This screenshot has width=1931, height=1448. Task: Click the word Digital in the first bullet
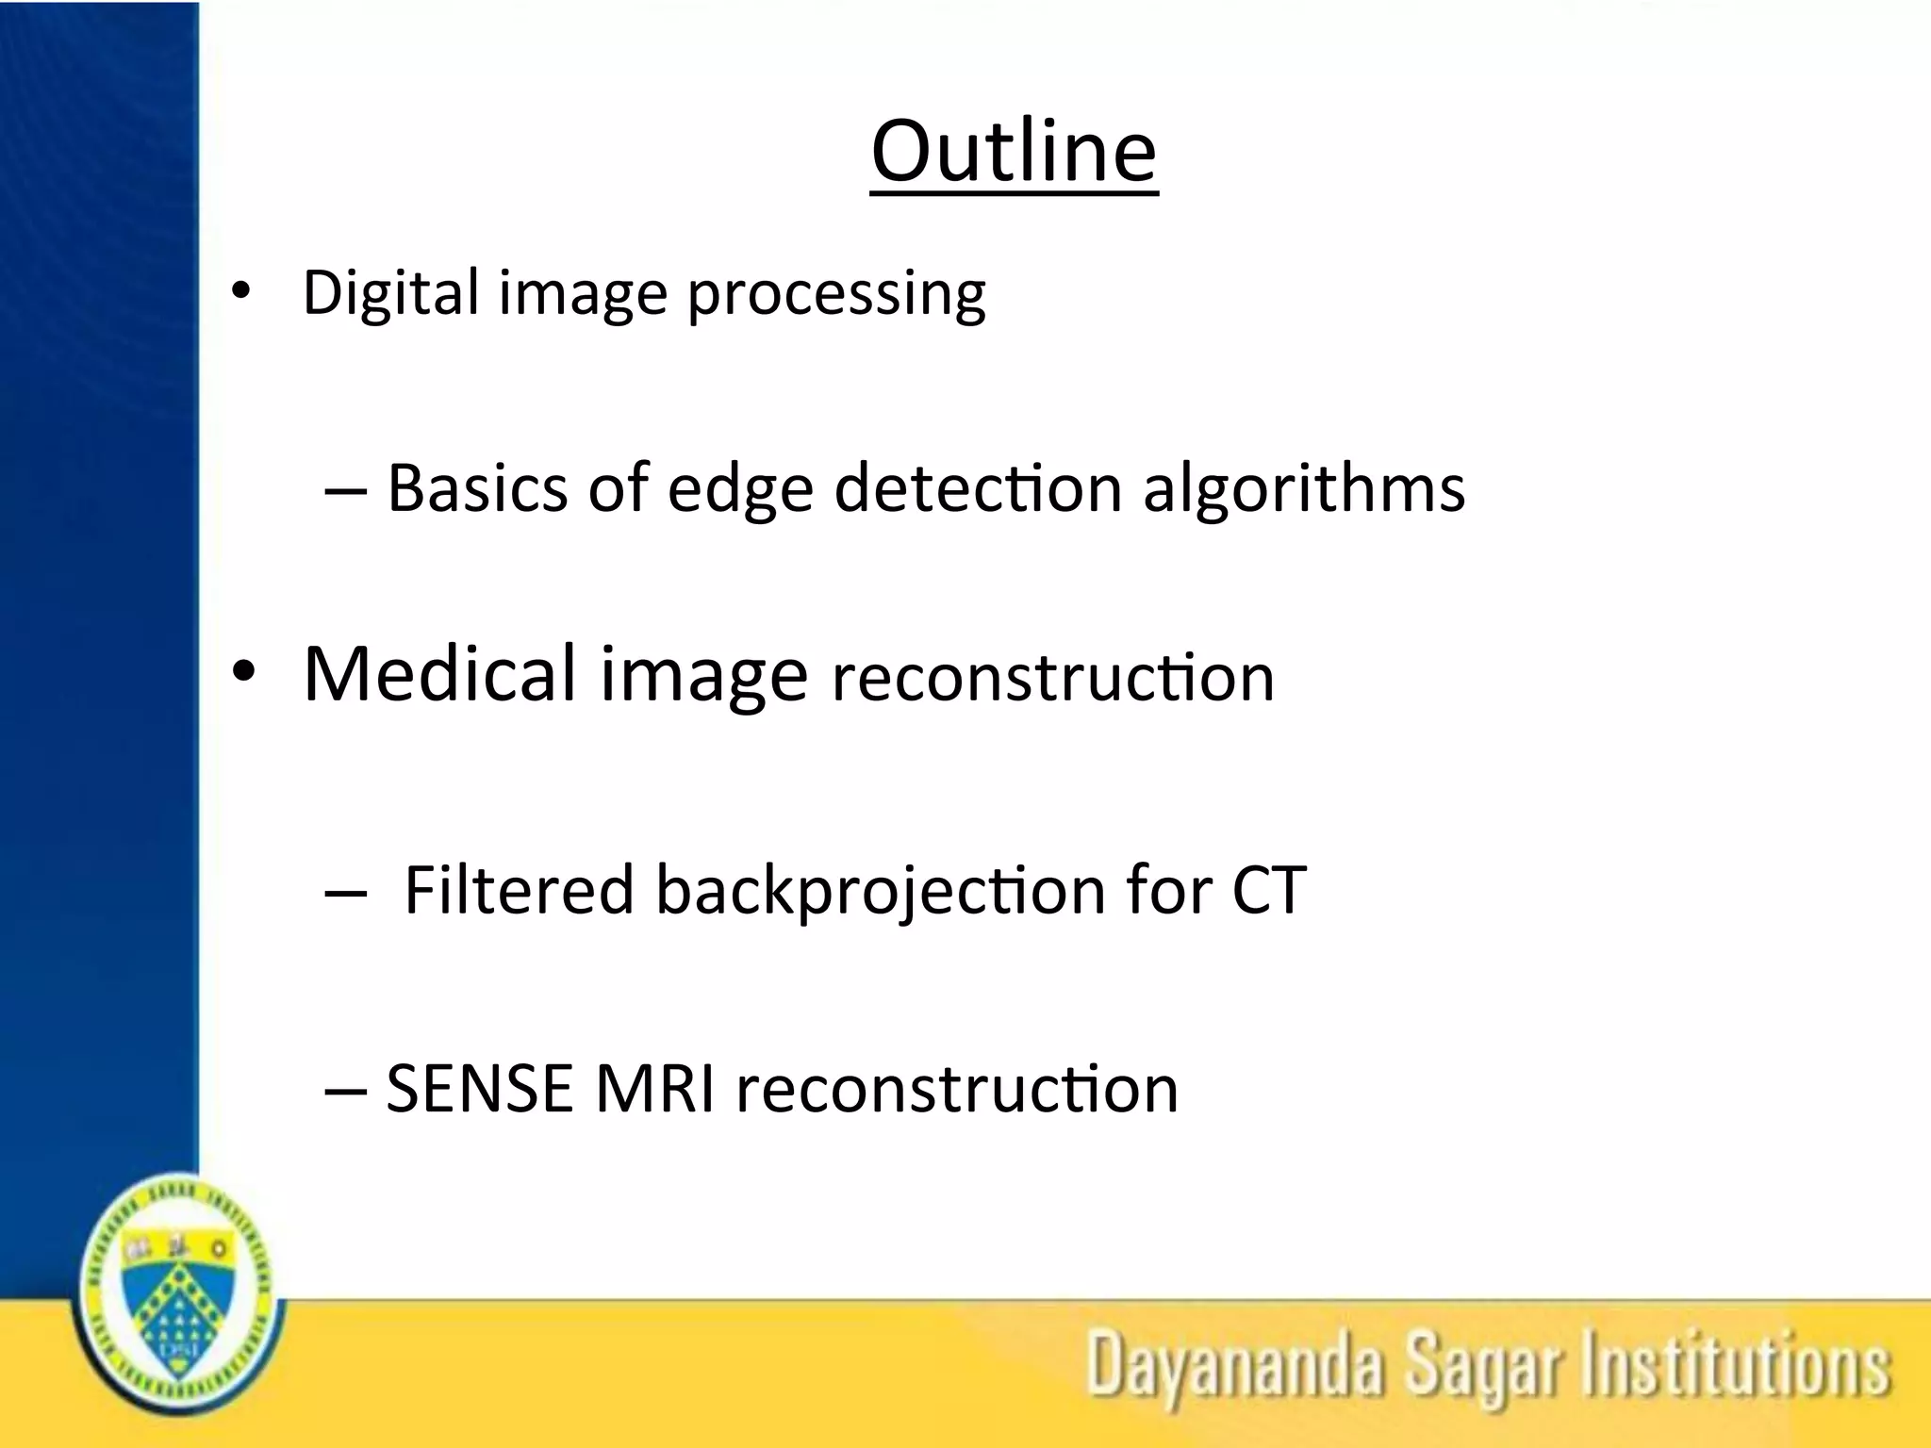[391, 292]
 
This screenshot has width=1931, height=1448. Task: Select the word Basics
[477, 488]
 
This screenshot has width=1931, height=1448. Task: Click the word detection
[978, 488]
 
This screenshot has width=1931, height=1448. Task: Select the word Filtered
[519, 890]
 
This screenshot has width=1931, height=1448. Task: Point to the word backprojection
[881, 892]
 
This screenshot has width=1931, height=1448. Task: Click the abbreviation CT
[1269, 890]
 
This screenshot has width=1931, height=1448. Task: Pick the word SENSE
[480, 1089]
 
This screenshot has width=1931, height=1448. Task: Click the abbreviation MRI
[654, 1089]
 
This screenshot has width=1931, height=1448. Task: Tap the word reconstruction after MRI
[956, 1089]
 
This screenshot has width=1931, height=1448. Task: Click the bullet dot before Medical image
[243, 673]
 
